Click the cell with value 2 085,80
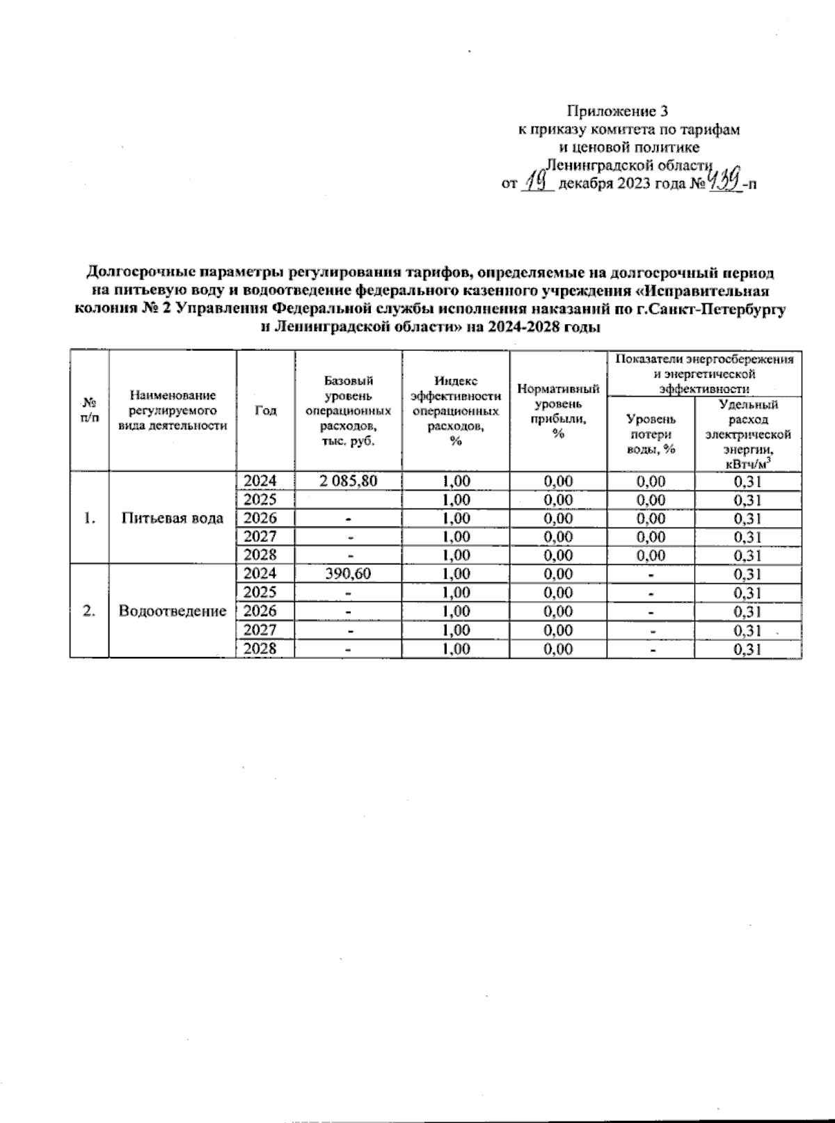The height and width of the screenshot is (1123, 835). coord(349,481)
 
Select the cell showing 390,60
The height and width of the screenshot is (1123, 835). coord(349,574)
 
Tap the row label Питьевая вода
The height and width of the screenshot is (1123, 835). coord(173,518)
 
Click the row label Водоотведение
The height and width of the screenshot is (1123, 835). coord(173,611)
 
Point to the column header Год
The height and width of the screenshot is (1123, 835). coord(266,411)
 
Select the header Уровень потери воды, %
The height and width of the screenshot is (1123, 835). coord(651,434)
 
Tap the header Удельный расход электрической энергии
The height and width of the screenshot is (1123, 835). coord(748,434)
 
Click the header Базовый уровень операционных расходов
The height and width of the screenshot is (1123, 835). coord(349,411)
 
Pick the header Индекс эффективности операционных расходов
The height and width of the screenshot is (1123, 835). coord(456,411)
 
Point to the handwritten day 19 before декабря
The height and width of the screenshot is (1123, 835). coord(537,183)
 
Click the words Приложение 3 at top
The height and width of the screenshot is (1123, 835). coord(619,111)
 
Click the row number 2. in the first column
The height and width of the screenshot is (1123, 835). coord(89,611)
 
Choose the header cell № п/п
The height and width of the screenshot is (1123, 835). coord(89,411)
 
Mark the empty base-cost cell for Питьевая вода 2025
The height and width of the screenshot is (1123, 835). coord(349,500)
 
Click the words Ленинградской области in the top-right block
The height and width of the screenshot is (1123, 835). coord(629,165)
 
